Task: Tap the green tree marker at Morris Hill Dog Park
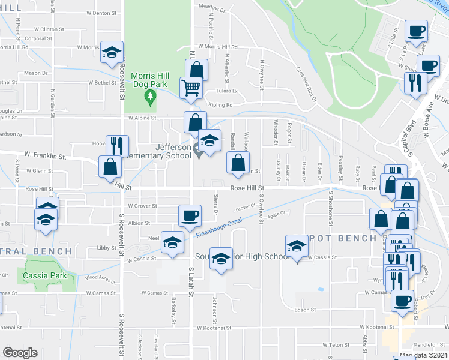pyautogui.click(x=152, y=102)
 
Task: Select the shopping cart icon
pyautogui.click(x=191, y=89)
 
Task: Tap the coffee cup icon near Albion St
pyautogui.click(x=190, y=216)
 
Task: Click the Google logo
pyautogui.click(x=20, y=352)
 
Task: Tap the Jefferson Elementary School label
pyautogui.click(x=174, y=151)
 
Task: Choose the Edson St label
pyautogui.click(x=305, y=310)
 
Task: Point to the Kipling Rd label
pyautogui.click(x=220, y=104)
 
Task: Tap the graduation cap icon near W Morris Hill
pyautogui.click(x=112, y=52)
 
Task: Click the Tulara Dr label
pyautogui.click(x=227, y=91)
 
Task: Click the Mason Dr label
pyautogui.click(x=36, y=73)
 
